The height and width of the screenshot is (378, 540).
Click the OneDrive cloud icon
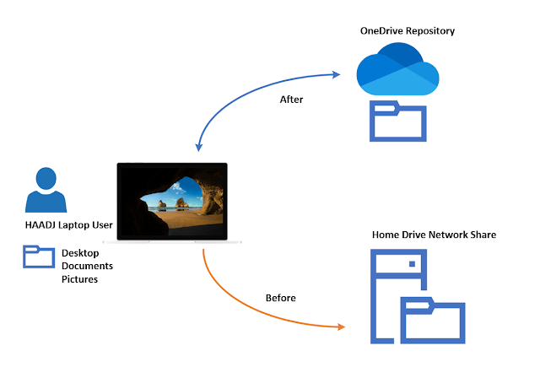(397, 70)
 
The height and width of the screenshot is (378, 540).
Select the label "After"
(291, 100)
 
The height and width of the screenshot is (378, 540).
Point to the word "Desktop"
(81, 253)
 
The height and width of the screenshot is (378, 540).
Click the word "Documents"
(88, 266)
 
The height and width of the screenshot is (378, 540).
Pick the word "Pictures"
(80, 278)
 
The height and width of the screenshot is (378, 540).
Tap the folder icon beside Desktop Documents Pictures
(39, 256)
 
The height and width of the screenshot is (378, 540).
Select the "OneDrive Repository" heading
(407, 31)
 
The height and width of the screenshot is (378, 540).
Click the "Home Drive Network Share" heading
(434, 234)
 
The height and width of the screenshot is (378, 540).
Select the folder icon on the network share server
(433, 320)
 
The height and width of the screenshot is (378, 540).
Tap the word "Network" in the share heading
(449, 234)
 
